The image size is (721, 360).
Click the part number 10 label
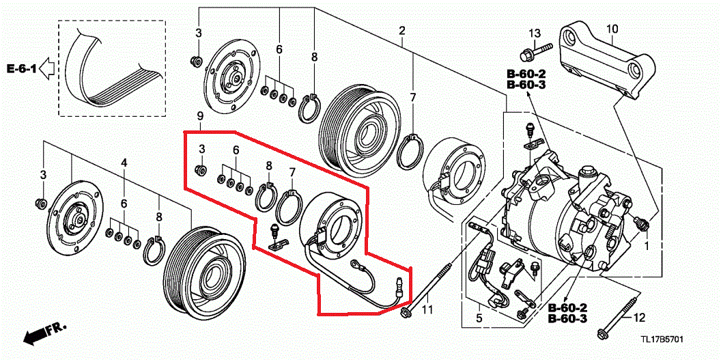pyautogui.click(x=611, y=28)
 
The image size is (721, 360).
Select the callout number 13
pyautogui.click(x=534, y=33)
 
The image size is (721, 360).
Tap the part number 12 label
pyautogui.click(x=638, y=318)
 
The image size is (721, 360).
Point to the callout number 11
pyautogui.click(x=427, y=311)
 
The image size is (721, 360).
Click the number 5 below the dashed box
pyautogui.click(x=479, y=318)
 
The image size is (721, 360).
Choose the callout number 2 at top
pyautogui.click(x=402, y=31)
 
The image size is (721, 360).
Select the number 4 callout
pyautogui.click(x=124, y=163)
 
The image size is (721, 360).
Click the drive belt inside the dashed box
pyautogui.click(x=113, y=68)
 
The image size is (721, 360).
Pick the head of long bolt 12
pyautogui.click(x=604, y=333)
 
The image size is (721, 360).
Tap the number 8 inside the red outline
pyautogui.click(x=269, y=166)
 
